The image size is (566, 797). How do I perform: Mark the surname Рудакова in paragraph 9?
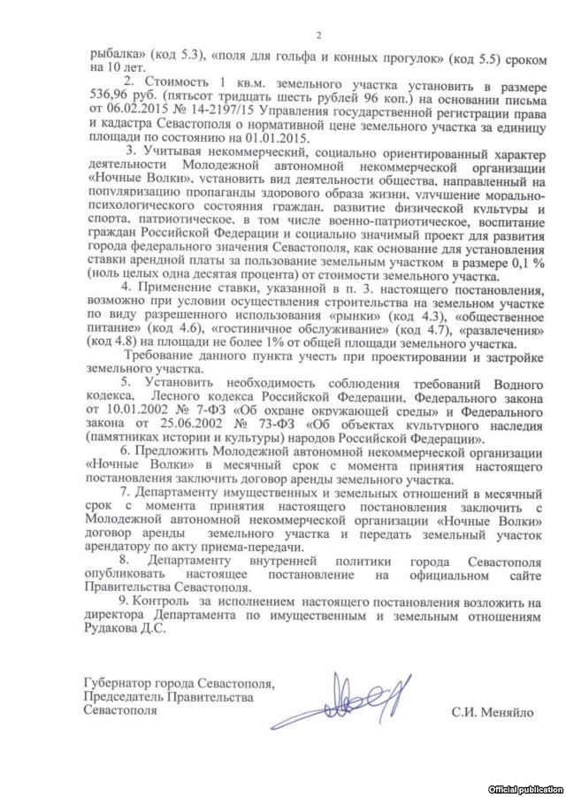(x=114, y=631)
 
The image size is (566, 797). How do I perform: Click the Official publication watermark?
(x=525, y=787)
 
